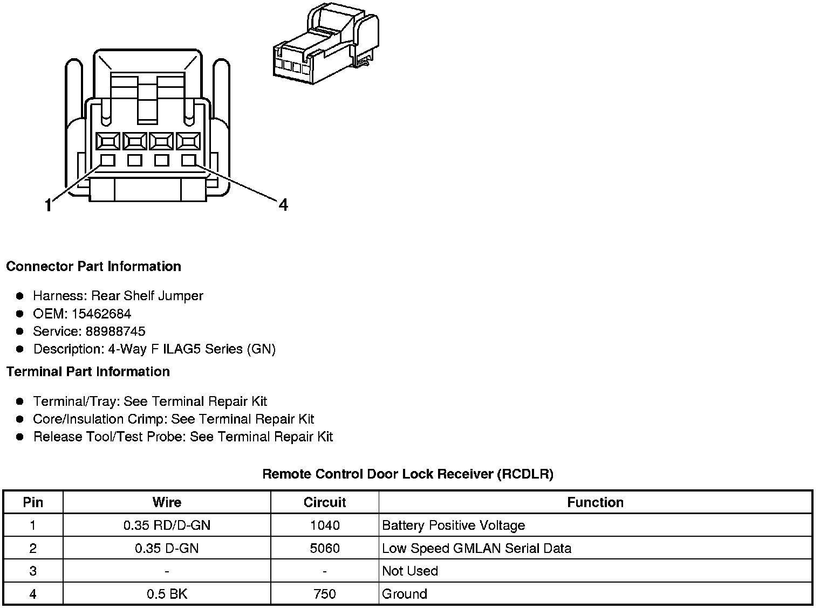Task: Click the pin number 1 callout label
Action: (49, 205)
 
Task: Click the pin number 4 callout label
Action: (283, 205)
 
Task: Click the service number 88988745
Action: (115, 331)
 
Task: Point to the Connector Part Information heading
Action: (93, 266)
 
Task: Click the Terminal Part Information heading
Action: (88, 371)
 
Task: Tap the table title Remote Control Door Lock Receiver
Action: (407, 474)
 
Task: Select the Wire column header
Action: (167, 502)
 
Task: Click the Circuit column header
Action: (324, 502)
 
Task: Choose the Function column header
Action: (595, 502)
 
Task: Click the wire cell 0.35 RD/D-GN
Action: (167, 525)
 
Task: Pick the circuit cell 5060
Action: (324, 548)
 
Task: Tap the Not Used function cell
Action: (410, 571)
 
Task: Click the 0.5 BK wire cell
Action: (167, 594)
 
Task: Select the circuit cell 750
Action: (324, 594)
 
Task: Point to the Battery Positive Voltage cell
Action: (453, 525)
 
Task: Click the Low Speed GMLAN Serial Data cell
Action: (476, 548)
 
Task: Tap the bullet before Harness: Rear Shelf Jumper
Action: (20, 296)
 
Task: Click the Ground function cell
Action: (404, 594)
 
